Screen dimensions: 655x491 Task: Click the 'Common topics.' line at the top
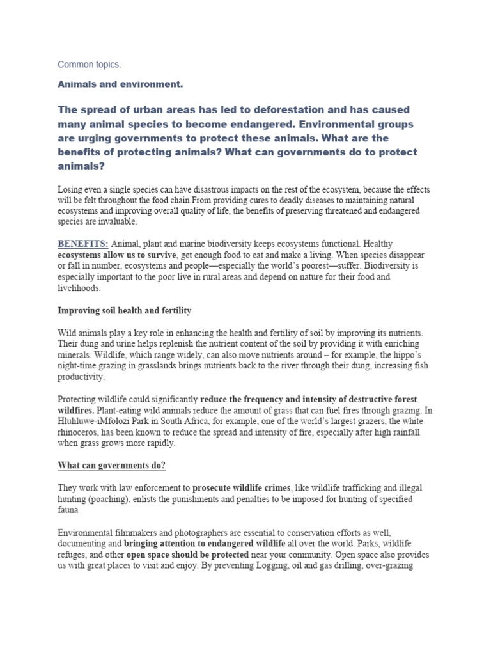(x=90, y=65)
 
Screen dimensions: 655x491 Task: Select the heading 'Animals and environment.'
(x=121, y=84)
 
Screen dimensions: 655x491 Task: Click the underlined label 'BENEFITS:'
(x=83, y=244)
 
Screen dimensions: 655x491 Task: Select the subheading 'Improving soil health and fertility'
(x=125, y=310)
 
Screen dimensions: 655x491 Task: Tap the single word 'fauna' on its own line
(x=69, y=510)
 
